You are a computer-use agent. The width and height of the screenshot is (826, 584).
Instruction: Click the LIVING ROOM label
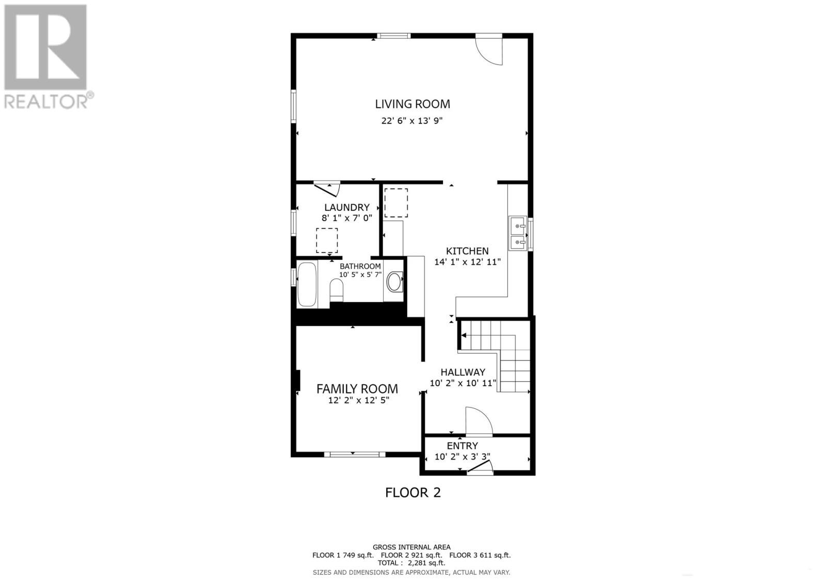[412, 104]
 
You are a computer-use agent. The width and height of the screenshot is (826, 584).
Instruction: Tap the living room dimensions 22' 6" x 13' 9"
[412, 121]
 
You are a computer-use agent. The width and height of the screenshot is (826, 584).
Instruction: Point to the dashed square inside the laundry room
[327, 241]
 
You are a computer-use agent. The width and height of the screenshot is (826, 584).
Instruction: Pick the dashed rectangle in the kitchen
[396, 202]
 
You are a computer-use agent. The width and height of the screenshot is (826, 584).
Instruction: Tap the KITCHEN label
[467, 251]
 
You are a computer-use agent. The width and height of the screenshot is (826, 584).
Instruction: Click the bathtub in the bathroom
[307, 285]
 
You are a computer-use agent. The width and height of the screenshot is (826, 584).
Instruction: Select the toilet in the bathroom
[336, 290]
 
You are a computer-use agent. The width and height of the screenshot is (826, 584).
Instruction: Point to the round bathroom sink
[394, 282]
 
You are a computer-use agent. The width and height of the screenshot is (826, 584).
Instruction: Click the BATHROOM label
[360, 266]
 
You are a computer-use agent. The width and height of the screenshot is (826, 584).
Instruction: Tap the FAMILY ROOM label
[357, 389]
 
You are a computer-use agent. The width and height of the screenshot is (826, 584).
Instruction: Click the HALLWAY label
[463, 372]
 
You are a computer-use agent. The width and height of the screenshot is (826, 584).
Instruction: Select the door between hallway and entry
[479, 421]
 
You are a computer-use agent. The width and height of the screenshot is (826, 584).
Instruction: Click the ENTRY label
[462, 446]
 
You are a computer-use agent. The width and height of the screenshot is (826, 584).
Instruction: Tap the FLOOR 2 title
[413, 492]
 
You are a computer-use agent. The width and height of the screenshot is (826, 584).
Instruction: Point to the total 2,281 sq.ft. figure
[411, 563]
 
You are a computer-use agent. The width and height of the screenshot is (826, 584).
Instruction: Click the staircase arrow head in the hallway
[464, 336]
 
